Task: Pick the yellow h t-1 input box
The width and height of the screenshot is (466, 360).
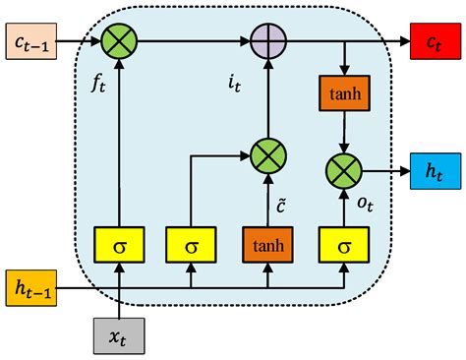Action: click(x=33, y=288)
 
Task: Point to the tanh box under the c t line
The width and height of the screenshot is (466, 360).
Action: click(x=344, y=93)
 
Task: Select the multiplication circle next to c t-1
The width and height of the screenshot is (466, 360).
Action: click(x=119, y=41)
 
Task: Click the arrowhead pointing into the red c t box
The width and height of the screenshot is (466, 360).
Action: click(x=403, y=41)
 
